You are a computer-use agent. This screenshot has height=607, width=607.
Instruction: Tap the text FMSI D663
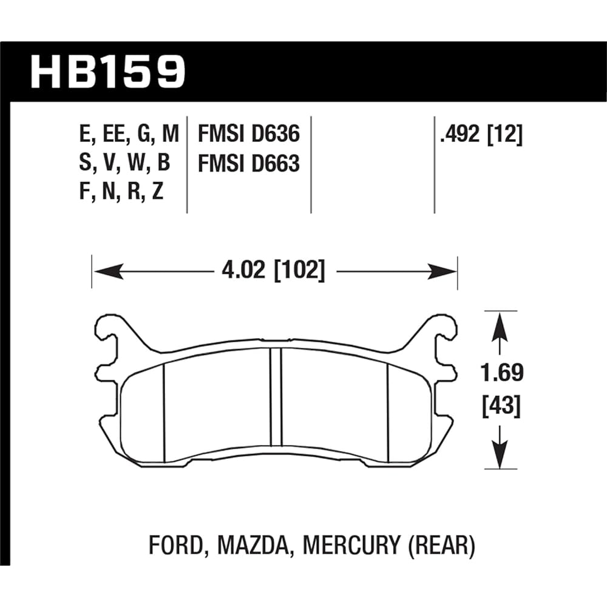click(249, 163)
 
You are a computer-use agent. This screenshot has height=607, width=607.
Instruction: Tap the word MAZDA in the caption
click(250, 546)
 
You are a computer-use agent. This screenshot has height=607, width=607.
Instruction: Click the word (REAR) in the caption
click(442, 546)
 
